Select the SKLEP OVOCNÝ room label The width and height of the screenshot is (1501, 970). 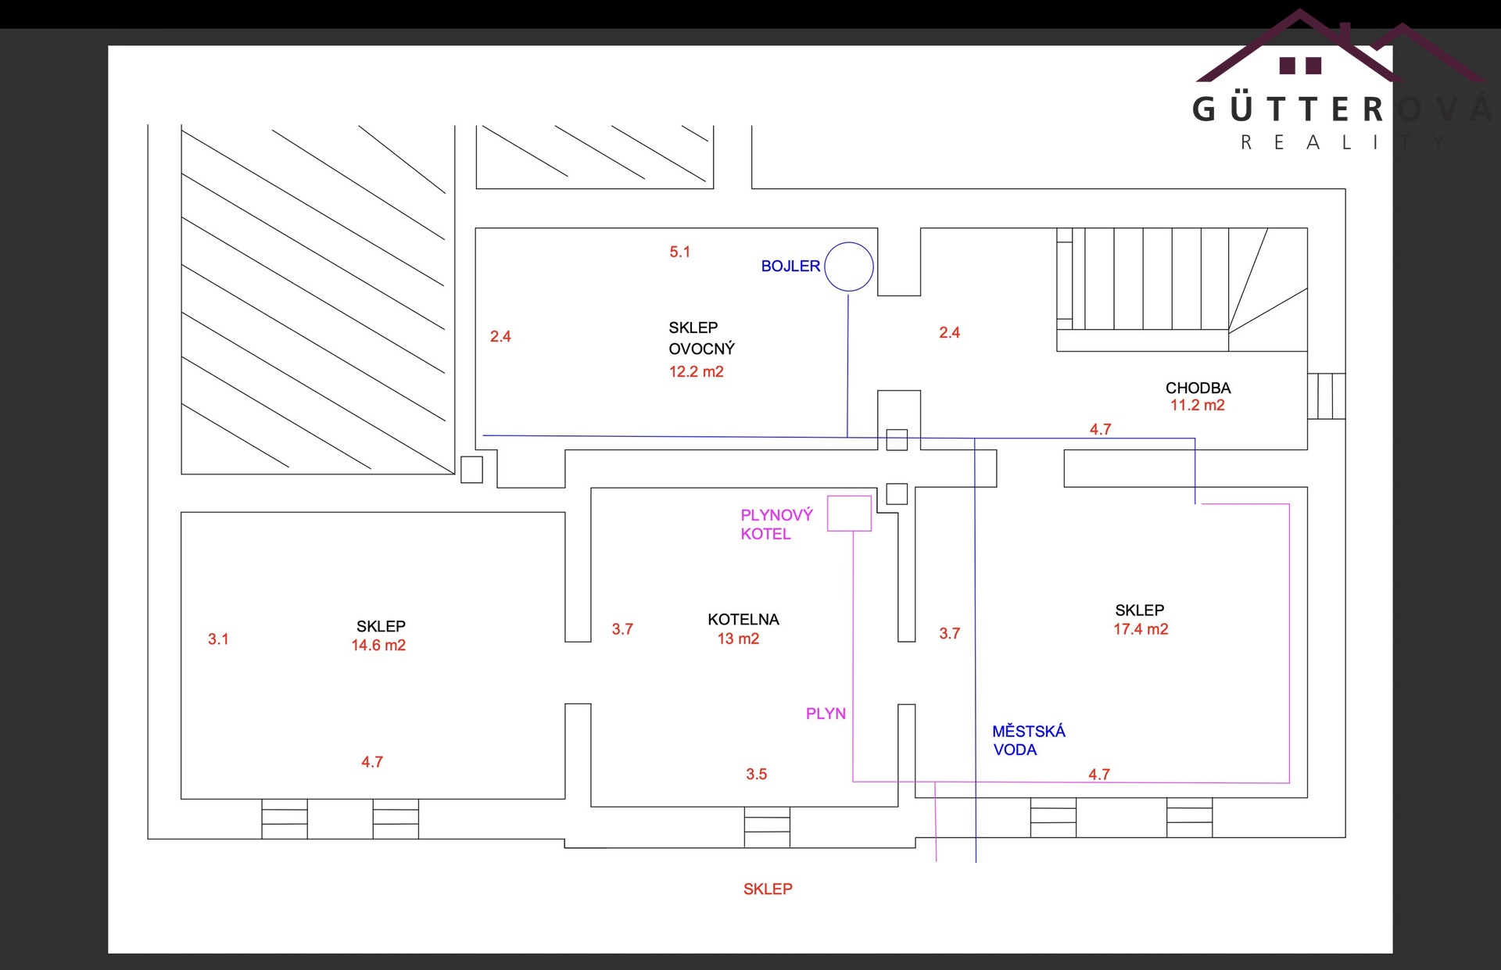[x=701, y=338]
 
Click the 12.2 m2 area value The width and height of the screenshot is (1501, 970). [x=696, y=371]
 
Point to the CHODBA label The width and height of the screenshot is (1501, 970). [x=1198, y=388]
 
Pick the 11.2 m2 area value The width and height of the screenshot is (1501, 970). [x=1197, y=405]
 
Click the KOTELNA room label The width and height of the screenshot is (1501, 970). [x=743, y=619]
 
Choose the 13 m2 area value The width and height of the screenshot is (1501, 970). [x=738, y=639]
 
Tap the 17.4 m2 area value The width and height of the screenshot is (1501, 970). [x=1141, y=629]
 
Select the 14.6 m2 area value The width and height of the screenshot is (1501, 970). [x=378, y=645]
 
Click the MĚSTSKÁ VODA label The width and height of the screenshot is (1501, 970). [x=1028, y=740]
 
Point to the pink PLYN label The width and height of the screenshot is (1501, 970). [x=826, y=714]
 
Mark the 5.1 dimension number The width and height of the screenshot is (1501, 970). [x=679, y=252]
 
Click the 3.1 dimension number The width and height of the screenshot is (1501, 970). [x=218, y=639]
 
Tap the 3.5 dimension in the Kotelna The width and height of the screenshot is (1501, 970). [x=756, y=774]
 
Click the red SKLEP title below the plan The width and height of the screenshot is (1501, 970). [x=768, y=889]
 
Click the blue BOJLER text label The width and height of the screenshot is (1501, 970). [x=790, y=266]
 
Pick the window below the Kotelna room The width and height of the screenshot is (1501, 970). [x=767, y=827]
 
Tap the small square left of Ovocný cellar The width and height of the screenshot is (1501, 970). [x=471, y=469]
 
